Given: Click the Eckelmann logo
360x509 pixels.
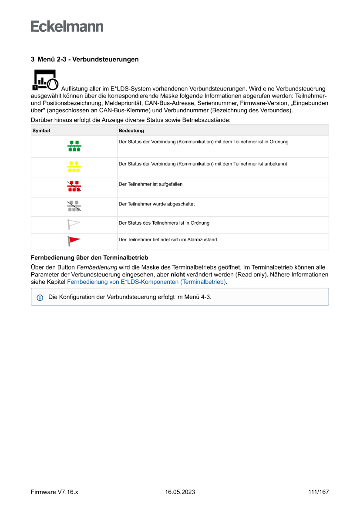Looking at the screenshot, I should pos(67,26).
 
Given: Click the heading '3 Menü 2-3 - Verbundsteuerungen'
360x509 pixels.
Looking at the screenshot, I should pos(85,59).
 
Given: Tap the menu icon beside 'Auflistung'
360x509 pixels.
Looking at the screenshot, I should pos(45,80).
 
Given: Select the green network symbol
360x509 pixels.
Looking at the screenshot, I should pos(74,146).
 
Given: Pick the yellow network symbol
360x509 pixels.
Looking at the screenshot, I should pos(74,167).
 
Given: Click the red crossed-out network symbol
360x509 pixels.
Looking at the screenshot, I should pos(74,186).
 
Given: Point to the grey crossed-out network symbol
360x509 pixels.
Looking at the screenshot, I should pos(74,206).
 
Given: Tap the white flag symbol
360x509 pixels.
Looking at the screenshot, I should pos(74,224).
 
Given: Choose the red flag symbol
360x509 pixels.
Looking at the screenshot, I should pos(74,241).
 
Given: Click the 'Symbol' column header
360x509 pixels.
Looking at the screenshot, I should pos(41,130).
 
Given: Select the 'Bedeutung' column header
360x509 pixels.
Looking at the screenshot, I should pos(131,130).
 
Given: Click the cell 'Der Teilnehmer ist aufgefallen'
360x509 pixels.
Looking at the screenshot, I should pos(151,184).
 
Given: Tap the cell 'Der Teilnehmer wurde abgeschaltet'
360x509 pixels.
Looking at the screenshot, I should pos(156,204).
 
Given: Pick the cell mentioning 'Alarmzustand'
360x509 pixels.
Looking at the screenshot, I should pos(168,239).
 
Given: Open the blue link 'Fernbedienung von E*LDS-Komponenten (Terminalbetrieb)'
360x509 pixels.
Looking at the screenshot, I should pos(146,282).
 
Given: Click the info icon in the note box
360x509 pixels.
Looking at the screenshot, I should pos(40,297).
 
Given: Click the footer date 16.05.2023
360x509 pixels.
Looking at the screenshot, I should pos(180,492).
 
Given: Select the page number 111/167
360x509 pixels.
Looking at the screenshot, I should pos(318,492).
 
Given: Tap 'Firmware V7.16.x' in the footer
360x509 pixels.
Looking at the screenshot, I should pos(54,492).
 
